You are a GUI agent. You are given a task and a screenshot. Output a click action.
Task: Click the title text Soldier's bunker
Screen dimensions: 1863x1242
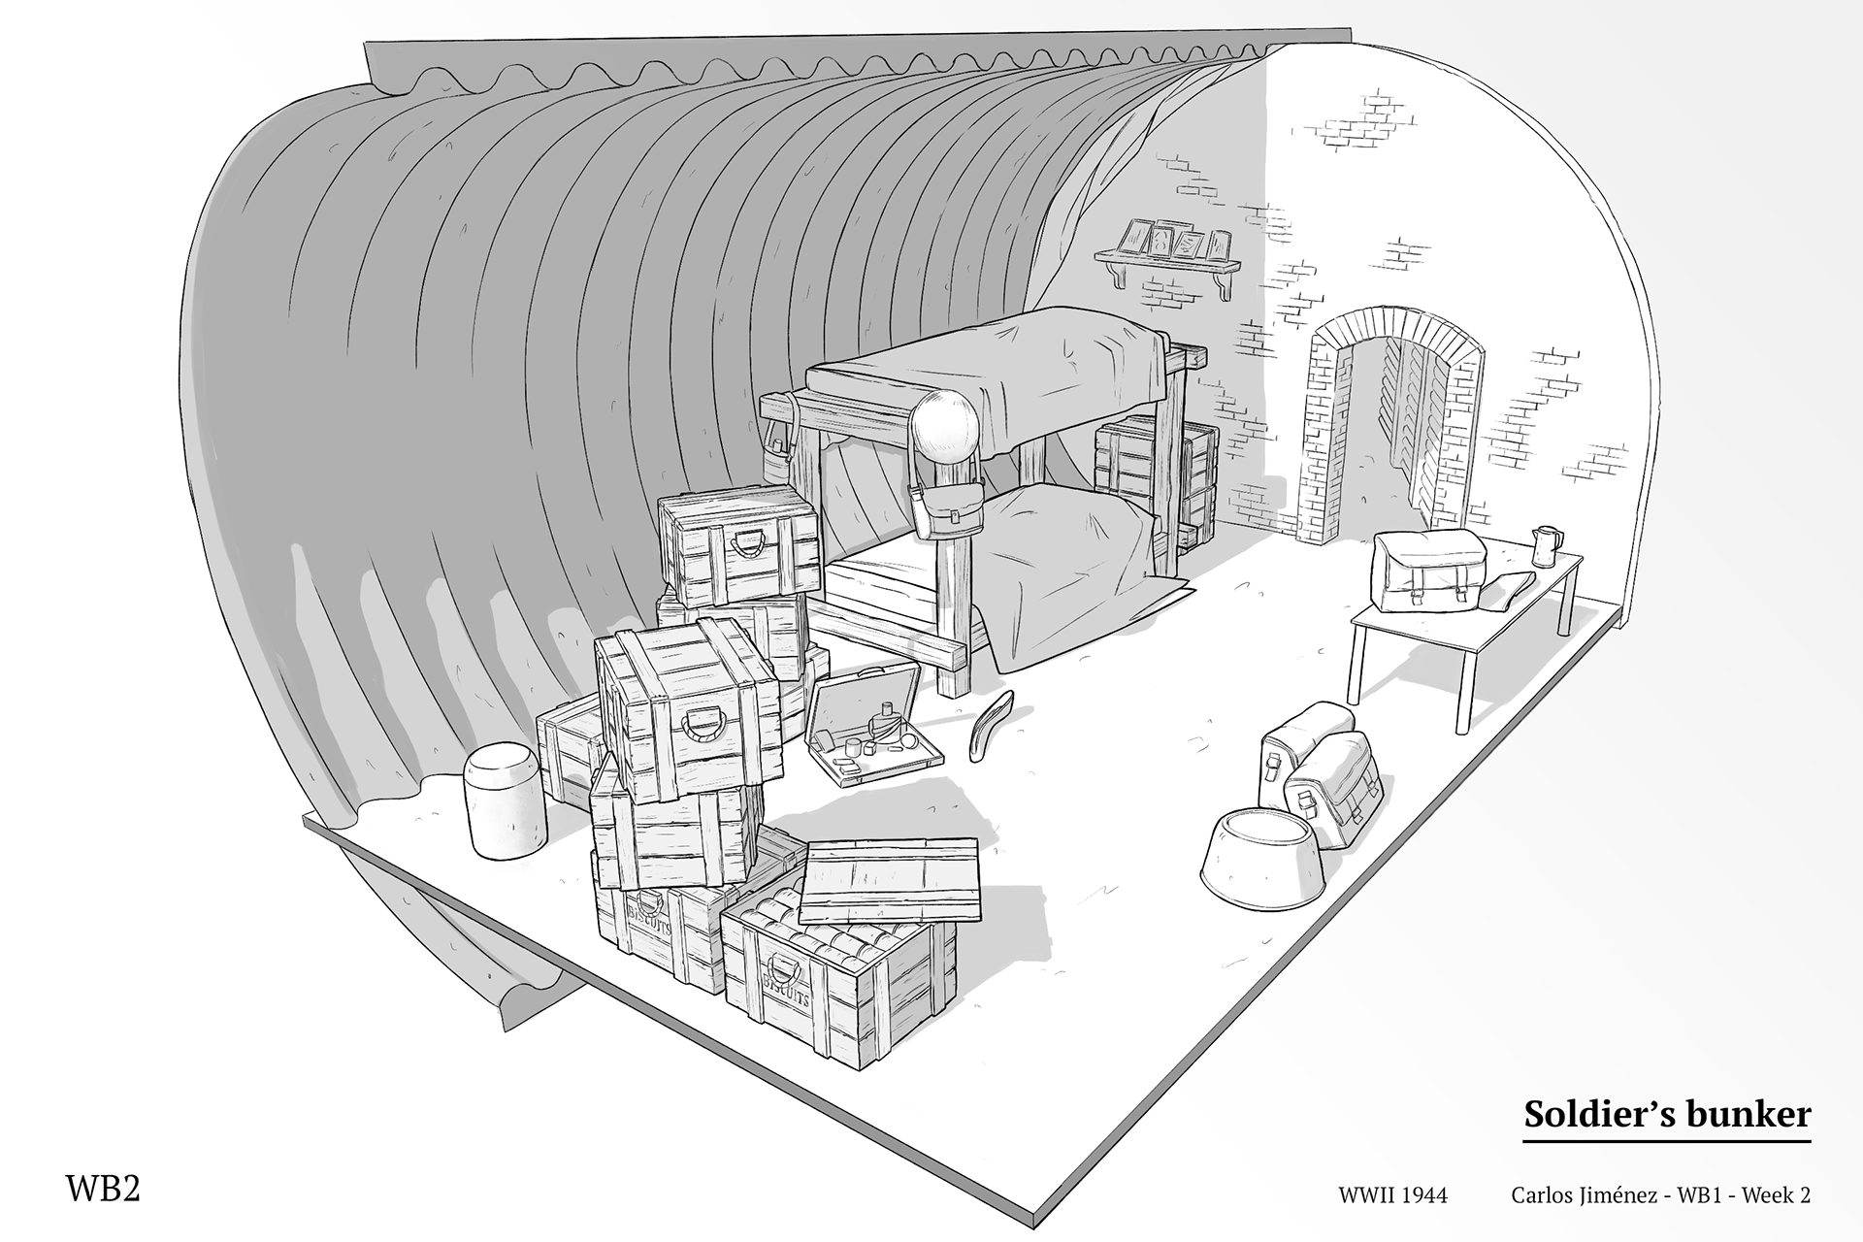(x=1666, y=1114)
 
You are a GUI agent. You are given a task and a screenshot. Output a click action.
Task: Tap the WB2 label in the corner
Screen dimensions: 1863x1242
(x=103, y=1189)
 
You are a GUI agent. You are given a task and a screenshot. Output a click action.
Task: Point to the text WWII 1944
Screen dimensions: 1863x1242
(x=1392, y=1195)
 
